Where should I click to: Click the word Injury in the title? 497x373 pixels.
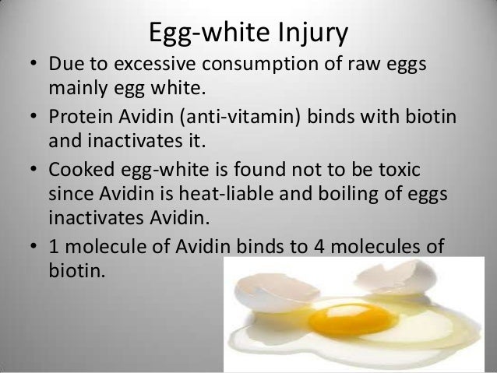tap(310, 35)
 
